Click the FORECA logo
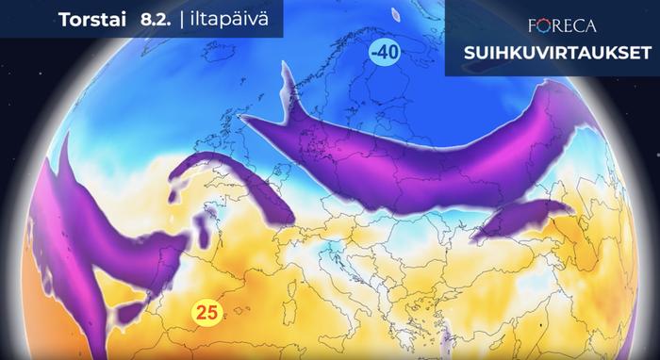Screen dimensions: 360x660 [552, 23]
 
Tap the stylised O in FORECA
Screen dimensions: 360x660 [533, 23]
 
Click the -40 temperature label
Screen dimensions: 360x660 [384, 54]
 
